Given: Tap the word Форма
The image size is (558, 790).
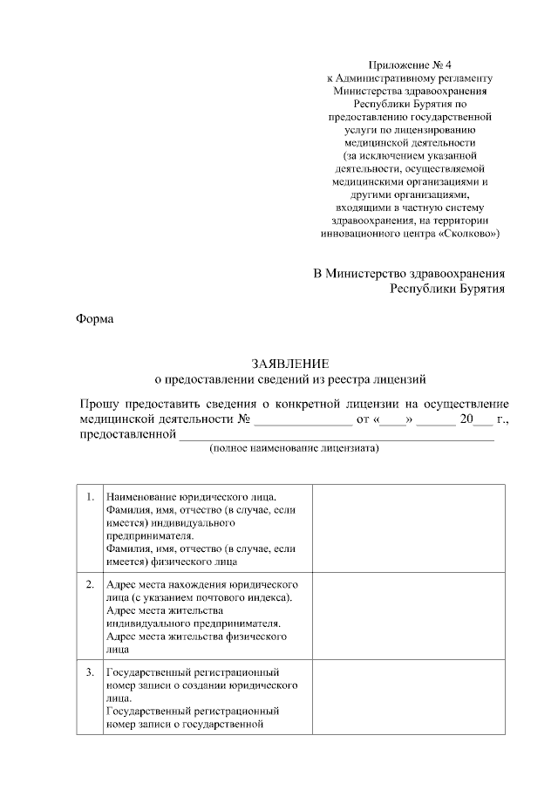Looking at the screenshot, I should click(x=96, y=318).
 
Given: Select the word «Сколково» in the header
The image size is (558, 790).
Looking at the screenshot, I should click(x=470, y=234).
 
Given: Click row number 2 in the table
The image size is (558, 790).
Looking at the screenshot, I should click(x=90, y=583).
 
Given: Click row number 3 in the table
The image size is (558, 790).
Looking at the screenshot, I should click(x=90, y=674).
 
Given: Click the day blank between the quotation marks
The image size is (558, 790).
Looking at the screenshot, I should click(x=392, y=421).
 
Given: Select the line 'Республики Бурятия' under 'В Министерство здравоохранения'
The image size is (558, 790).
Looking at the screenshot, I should click(x=446, y=289).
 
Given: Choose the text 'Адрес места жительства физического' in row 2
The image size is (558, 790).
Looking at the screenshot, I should click(x=196, y=637).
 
